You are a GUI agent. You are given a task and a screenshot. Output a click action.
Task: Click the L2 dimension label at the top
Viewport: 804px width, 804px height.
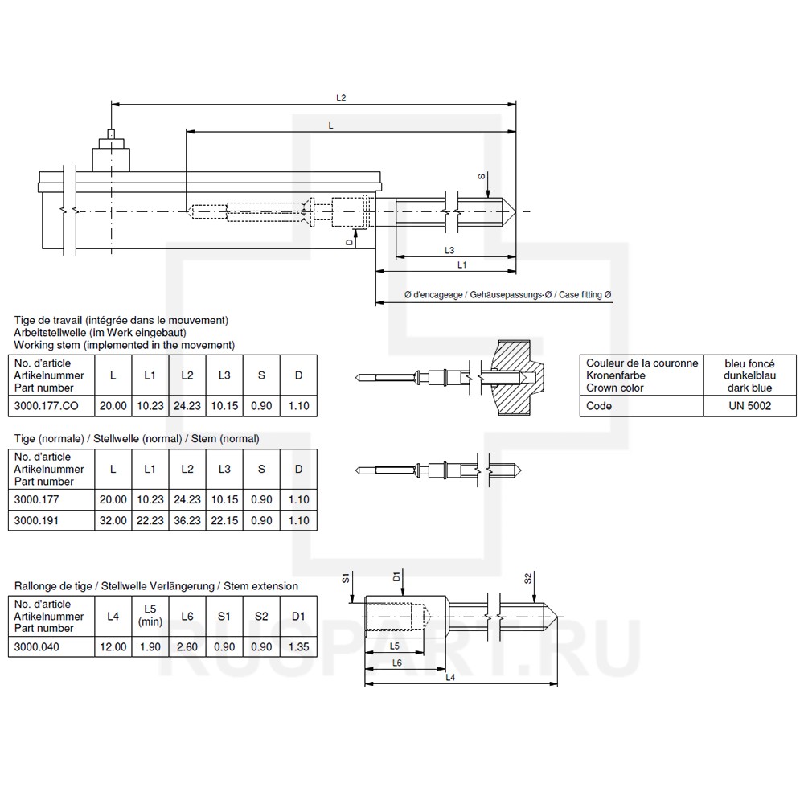(341, 97)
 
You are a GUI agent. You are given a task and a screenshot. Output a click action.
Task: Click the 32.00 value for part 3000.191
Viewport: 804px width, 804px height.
(113, 520)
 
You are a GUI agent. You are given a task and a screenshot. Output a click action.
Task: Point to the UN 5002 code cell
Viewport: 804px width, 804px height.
(749, 406)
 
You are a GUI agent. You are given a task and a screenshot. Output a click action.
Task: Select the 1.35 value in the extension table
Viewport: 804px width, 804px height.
(297, 646)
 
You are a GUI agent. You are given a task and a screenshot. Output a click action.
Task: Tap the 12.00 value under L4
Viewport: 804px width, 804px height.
(113, 646)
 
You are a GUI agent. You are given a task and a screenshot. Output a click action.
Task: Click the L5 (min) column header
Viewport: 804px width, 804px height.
(150, 615)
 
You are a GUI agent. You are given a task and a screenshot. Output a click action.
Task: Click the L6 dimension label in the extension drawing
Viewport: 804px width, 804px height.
(396, 662)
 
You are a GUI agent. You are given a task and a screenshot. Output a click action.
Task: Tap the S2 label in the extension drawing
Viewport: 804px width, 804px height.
(527, 578)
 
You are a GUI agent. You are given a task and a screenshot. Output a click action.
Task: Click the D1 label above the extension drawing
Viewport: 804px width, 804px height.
(397, 576)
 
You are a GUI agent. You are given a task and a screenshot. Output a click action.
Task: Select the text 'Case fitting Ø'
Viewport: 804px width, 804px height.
(585, 295)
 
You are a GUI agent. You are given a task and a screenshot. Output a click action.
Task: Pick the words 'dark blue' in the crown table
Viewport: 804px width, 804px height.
(749, 388)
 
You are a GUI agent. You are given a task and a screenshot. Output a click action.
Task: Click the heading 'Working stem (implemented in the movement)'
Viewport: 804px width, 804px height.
(125, 344)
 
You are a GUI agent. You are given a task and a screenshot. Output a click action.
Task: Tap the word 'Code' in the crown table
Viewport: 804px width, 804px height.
(599, 406)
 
